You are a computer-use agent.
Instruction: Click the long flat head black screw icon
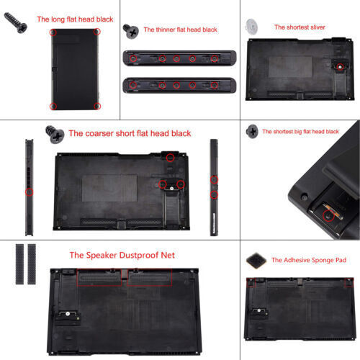(x=16, y=24)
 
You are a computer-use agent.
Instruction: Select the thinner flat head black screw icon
(x=130, y=30)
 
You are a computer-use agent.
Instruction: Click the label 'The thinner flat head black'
(x=180, y=30)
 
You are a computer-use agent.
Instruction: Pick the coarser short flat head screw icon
(x=53, y=132)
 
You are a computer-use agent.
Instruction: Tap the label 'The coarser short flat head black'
(x=130, y=133)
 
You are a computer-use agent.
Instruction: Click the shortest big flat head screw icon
(x=252, y=132)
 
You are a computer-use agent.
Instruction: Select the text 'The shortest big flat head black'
(x=300, y=132)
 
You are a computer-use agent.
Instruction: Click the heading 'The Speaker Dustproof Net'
(x=122, y=255)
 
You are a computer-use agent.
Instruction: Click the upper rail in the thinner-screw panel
(x=180, y=58)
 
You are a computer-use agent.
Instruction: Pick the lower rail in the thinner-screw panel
(x=180, y=84)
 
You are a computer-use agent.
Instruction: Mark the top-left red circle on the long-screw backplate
(x=53, y=33)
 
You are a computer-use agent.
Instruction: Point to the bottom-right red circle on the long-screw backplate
(x=97, y=106)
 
